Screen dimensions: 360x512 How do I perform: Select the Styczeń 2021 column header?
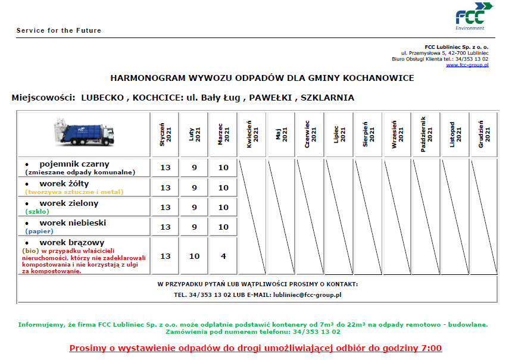tap(165, 134)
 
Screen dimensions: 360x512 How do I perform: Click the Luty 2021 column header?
tap(194, 134)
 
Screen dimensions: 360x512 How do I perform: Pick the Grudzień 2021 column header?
tap(484, 134)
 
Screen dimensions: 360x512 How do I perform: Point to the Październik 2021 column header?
tap(426, 134)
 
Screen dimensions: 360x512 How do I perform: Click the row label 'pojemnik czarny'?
tap(74, 164)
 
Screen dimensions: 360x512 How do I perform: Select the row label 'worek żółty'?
tap(64, 183)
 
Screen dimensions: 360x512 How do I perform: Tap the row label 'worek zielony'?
tap(68, 203)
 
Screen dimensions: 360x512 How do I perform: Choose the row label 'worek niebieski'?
tap(73, 223)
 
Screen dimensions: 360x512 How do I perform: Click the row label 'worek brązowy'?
tap(71, 242)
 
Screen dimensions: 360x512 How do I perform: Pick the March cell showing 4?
tap(223, 256)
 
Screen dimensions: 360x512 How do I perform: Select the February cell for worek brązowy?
tap(194, 256)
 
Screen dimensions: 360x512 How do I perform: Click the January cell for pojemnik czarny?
tap(165, 168)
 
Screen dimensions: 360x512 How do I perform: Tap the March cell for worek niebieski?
tap(223, 227)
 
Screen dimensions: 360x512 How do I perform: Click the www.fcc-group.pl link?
tap(467, 65)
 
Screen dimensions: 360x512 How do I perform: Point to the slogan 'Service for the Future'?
tap(59, 30)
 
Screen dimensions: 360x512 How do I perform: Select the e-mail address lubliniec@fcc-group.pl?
tap(307, 295)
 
